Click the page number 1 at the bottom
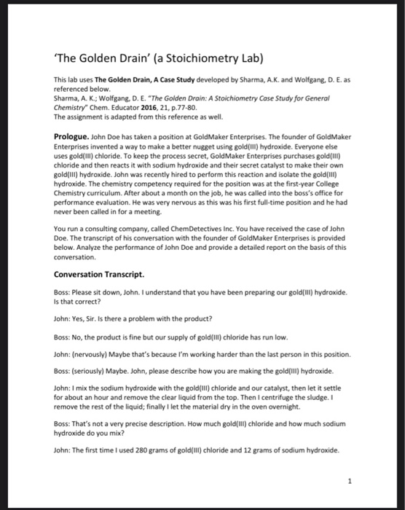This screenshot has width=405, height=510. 349,480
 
